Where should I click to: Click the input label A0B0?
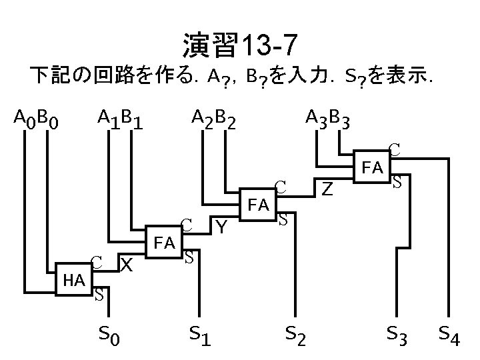37,120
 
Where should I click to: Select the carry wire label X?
126,265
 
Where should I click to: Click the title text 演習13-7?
239,46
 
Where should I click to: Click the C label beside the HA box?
97,262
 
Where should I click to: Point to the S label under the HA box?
97,294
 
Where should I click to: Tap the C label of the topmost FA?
395,150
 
